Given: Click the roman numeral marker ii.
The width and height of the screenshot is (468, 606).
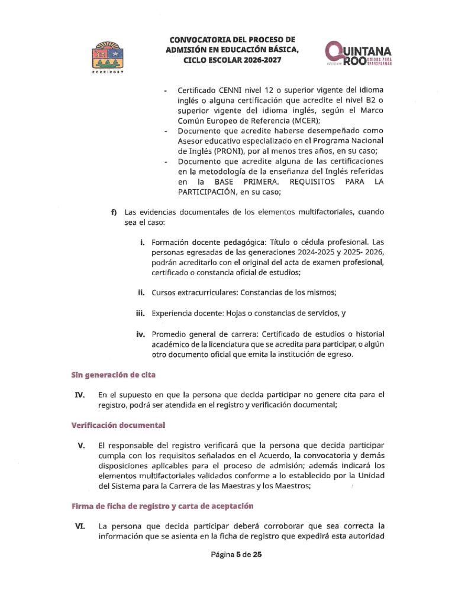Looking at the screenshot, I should (142, 292).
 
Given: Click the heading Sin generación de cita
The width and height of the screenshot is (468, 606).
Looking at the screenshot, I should (114, 375).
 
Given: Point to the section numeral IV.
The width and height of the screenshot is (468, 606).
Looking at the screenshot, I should (80, 395).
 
